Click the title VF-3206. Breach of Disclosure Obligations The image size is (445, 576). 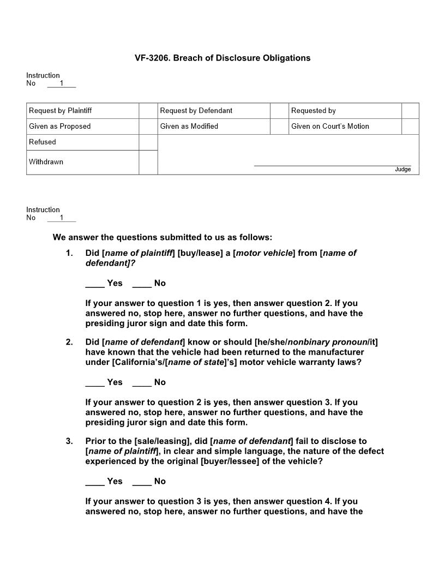[222, 58]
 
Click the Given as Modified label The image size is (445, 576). [189, 127]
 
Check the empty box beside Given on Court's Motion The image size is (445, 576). [410, 127]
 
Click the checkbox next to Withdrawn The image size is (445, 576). [148, 163]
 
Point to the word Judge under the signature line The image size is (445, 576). [402, 170]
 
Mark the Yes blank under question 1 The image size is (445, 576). [95, 283]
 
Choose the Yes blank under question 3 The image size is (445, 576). [95, 482]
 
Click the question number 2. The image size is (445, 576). [69, 343]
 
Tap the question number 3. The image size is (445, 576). [69, 441]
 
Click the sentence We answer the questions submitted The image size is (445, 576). [162, 237]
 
